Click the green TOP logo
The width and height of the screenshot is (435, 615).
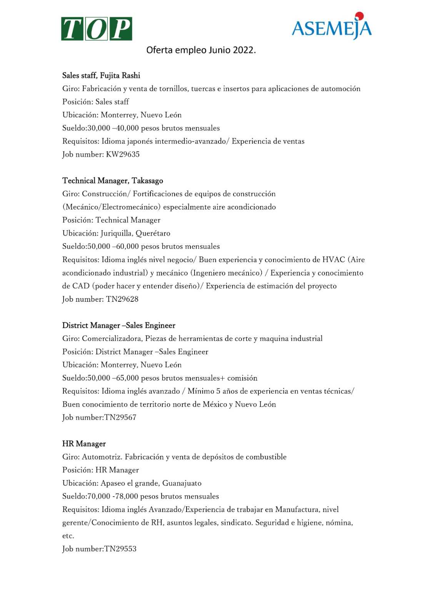click(x=97, y=29)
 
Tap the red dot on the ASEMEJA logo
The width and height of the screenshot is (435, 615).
click(x=359, y=16)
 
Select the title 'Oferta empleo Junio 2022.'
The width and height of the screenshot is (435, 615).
click(x=201, y=50)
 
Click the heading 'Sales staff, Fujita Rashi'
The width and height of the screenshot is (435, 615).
click(x=101, y=75)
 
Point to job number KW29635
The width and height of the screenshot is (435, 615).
click(x=123, y=155)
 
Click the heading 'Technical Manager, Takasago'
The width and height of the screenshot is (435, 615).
click(x=113, y=181)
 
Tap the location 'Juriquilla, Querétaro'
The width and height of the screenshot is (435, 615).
click(x=135, y=233)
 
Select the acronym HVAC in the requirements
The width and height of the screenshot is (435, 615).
click(x=333, y=259)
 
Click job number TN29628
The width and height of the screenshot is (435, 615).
click(x=122, y=299)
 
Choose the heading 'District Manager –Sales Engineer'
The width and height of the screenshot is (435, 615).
click(x=119, y=326)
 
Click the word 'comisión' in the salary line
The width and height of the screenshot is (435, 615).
click(x=242, y=378)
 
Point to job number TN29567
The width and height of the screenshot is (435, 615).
click(x=120, y=417)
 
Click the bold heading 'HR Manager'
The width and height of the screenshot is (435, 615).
click(x=84, y=444)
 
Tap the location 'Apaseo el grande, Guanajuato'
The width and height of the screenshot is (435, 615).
click(x=151, y=483)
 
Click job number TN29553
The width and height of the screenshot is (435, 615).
click(x=120, y=549)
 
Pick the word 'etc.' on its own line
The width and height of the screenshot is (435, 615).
click(x=68, y=536)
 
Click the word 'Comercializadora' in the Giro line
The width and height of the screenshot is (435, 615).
click(x=112, y=339)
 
